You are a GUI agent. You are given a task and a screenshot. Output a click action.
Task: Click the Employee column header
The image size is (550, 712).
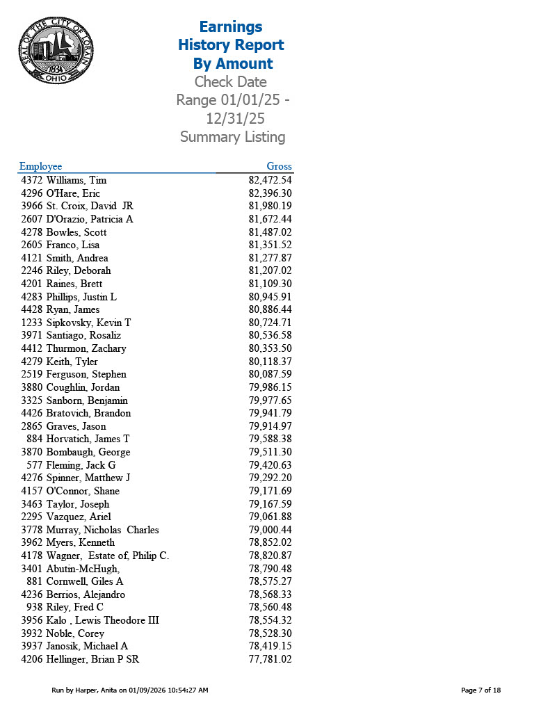click(40, 166)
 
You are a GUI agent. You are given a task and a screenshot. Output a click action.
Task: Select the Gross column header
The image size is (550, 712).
click(279, 166)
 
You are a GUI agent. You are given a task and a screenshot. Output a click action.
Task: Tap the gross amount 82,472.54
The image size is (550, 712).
click(270, 180)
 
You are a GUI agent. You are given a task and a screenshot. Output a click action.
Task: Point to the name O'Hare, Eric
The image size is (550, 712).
click(73, 193)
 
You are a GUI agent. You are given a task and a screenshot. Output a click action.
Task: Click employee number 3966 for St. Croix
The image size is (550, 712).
click(32, 206)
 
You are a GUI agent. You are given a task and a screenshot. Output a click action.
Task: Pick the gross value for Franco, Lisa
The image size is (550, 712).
click(270, 245)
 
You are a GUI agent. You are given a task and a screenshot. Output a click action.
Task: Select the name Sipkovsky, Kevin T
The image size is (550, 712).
click(88, 323)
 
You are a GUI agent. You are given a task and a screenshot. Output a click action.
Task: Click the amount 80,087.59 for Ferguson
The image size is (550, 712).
click(270, 374)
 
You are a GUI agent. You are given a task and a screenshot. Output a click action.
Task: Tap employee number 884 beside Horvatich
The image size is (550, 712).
click(35, 439)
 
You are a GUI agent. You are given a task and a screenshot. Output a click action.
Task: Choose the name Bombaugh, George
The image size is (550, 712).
click(88, 452)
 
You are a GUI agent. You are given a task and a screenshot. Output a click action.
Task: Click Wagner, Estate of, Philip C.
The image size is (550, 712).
click(108, 556)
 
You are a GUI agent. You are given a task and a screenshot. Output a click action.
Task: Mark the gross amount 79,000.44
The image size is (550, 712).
click(270, 530)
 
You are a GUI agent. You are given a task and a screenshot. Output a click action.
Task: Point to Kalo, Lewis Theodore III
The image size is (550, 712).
click(102, 620)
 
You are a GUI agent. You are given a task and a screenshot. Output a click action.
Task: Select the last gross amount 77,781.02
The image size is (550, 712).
click(270, 659)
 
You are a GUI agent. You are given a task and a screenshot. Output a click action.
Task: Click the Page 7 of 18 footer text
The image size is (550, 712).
click(480, 690)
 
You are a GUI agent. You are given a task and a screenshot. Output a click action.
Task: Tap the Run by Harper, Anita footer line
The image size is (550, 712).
click(130, 690)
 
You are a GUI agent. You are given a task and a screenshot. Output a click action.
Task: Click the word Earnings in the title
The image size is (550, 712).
click(231, 27)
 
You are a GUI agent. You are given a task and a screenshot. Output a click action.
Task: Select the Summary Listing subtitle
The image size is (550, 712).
click(232, 137)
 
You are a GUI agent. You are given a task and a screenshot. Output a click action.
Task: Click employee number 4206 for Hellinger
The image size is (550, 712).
click(32, 659)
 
